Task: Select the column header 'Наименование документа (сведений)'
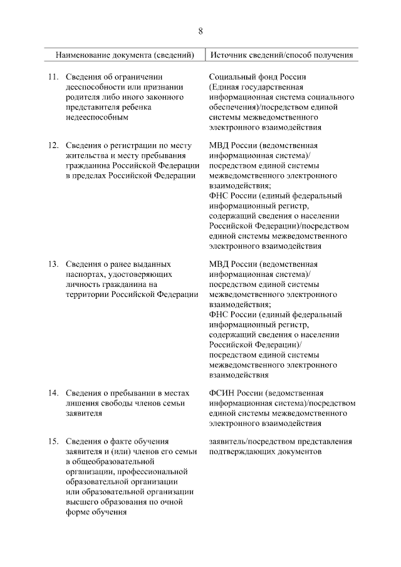pyautogui.click(x=125, y=55)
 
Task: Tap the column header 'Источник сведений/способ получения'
pyautogui.click(x=281, y=55)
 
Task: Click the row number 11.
pyautogui.click(x=54, y=76)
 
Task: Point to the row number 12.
pyautogui.click(x=54, y=145)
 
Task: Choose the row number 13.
pyautogui.click(x=54, y=264)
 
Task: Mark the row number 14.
pyautogui.click(x=54, y=393)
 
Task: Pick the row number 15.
pyautogui.click(x=54, y=442)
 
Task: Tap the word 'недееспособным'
pyautogui.click(x=98, y=117)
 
